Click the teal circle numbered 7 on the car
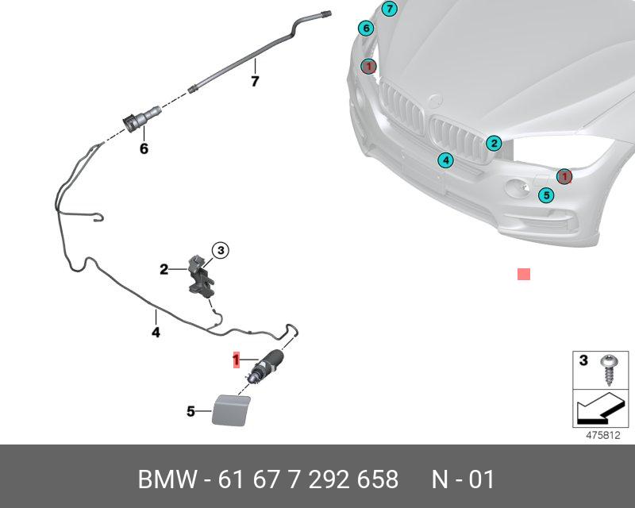(388, 10)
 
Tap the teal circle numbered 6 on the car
(365, 29)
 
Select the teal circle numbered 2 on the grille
(494, 144)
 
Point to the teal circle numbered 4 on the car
(446, 161)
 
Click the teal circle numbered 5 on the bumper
(545, 195)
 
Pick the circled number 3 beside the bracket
(220, 251)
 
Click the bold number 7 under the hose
(255, 81)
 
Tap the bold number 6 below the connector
(144, 148)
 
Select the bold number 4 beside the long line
(156, 333)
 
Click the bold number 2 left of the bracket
(164, 270)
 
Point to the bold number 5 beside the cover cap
(190, 411)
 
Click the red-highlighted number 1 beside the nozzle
(235, 360)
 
